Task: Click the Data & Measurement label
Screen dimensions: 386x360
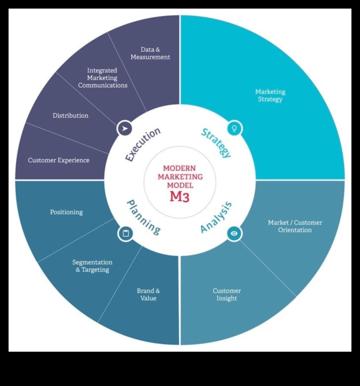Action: pos(150,53)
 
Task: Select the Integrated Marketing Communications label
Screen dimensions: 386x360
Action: pos(102,78)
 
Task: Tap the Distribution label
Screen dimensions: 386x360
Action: pos(70,115)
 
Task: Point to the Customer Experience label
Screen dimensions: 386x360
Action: pos(59,160)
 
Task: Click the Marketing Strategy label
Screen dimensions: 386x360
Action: pos(270,95)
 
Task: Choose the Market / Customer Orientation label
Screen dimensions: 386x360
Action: pos(295,226)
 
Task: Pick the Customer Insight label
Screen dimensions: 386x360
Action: pos(227,294)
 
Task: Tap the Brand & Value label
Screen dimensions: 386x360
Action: pos(148,294)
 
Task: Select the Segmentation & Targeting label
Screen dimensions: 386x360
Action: pos(92,266)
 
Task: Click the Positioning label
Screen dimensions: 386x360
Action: pos(66,212)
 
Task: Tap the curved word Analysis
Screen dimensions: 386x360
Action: pos(216,217)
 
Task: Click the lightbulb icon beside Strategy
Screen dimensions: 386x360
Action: pos(234,128)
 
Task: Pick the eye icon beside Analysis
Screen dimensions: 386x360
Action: pos(234,233)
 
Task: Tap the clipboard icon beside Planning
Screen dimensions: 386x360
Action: pos(125,233)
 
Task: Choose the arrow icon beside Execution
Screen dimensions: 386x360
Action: pos(125,128)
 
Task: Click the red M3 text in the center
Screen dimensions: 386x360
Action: pos(180,196)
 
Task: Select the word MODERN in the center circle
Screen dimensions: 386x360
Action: pos(180,168)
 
